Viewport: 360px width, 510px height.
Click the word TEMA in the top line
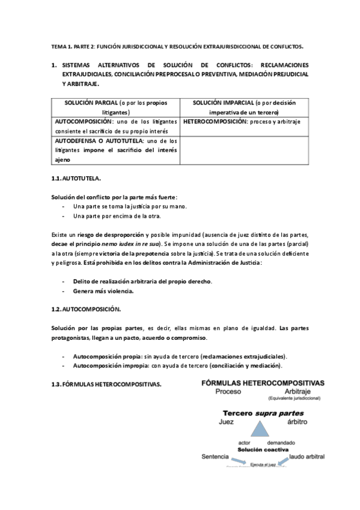point(59,46)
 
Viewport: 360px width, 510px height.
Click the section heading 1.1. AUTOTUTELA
point(76,179)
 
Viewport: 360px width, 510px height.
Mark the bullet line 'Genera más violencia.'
point(103,291)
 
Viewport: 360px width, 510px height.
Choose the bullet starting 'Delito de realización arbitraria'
point(142,281)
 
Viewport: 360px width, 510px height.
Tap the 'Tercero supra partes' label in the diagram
point(263,413)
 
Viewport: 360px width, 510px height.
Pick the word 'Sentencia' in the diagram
point(217,457)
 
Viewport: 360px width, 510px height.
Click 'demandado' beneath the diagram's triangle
point(281,442)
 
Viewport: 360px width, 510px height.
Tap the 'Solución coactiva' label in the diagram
point(263,449)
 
